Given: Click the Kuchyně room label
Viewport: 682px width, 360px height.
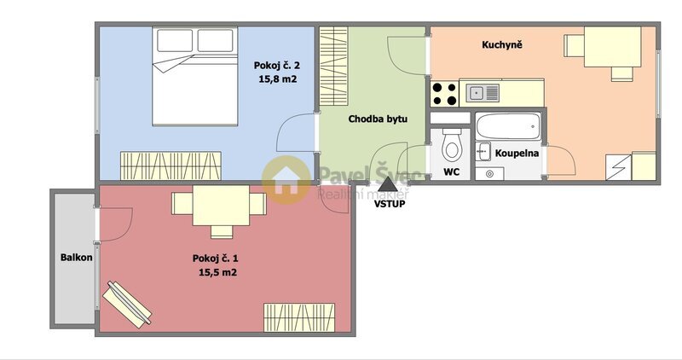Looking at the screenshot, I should click(503, 44).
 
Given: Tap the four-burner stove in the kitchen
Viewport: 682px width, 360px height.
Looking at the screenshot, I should click(444, 91).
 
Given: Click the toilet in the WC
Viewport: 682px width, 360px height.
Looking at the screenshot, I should click(452, 146).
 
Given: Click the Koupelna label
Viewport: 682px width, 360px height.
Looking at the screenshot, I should click(517, 154).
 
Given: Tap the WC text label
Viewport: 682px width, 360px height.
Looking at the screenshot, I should click(451, 172).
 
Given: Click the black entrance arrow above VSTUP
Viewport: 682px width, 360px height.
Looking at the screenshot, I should click(388, 183).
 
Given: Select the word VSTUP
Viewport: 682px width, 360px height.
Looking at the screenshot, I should click(389, 204).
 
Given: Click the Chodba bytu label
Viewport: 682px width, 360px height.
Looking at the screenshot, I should click(378, 119).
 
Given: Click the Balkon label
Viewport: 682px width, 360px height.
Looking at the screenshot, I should click(76, 258).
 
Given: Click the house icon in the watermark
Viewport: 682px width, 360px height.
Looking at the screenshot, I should click(286, 178).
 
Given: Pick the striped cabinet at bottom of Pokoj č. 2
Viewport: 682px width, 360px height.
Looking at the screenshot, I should click(170, 163).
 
